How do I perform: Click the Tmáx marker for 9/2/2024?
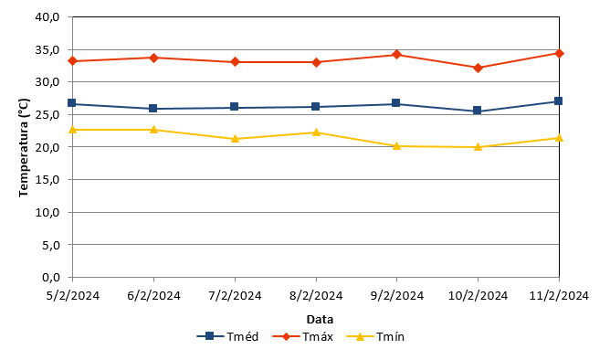[x=396, y=54]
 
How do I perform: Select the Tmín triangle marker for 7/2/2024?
[x=235, y=139]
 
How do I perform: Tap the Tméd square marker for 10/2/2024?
[x=477, y=111]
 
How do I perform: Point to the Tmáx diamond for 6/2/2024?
[x=153, y=58]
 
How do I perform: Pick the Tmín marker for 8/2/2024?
[x=316, y=132]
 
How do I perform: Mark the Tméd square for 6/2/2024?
[x=152, y=108]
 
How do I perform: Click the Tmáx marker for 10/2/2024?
[x=479, y=68]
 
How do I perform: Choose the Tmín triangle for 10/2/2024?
[x=479, y=146]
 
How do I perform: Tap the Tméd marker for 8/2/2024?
[x=315, y=106]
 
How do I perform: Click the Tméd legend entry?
[x=227, y=336]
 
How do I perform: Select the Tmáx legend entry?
[x=302, y=336]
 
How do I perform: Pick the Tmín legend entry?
[x=375, y=336]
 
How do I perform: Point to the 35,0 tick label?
[x=47, y=50]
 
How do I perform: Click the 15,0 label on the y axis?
[x=47, y=179]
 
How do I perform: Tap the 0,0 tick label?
[x=51, y=277]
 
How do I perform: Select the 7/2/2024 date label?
[x=235, y=296]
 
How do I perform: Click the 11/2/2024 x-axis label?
[x=559, y=296]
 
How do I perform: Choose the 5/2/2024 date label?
[x=73, y=296]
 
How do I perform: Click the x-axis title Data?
[x=320, y=320]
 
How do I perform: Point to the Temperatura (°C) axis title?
[x=24, y=148]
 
